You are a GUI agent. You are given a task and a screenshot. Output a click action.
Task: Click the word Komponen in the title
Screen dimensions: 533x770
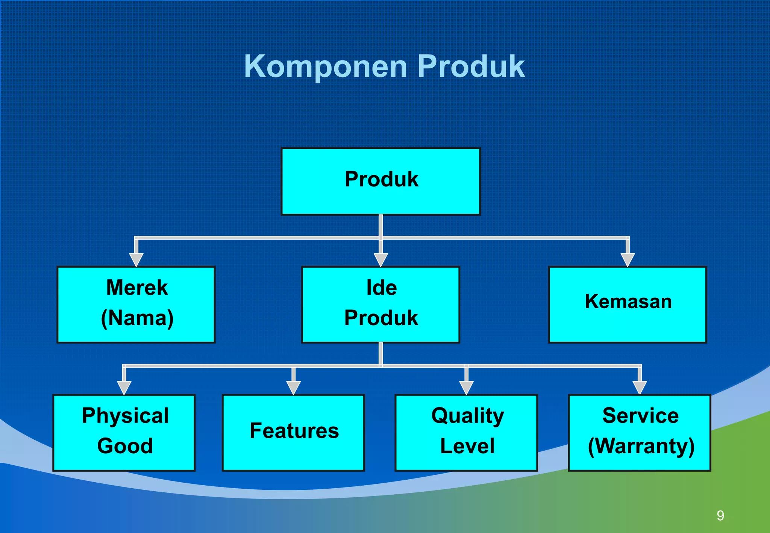326,67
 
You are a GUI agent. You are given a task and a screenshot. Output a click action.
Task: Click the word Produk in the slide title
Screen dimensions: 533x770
471,67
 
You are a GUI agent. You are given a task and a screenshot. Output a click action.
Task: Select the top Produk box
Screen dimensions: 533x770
380,181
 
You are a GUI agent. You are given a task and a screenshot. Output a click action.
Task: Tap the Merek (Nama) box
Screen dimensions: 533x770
136,304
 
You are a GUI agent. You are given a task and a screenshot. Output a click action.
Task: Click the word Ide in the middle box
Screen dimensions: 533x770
381,288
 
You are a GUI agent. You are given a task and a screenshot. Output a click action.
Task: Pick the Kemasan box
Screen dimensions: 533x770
627,304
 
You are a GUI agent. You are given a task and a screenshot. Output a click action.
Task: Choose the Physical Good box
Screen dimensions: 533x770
124,432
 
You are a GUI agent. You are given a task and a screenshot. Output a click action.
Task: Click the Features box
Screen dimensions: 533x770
293,432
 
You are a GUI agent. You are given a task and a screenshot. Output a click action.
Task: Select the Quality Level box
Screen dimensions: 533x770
466,432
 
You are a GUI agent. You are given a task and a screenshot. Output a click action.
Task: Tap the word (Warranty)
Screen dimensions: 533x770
641,446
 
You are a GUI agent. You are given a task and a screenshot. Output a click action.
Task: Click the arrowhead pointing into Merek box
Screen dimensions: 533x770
136,259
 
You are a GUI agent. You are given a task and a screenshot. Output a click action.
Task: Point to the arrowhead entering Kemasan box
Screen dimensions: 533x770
628,259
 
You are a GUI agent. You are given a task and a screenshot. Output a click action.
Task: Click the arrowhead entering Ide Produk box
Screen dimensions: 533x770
381,259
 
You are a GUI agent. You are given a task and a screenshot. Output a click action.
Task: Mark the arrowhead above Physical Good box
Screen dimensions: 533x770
124,387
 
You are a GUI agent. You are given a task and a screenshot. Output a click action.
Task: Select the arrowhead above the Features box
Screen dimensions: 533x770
293,387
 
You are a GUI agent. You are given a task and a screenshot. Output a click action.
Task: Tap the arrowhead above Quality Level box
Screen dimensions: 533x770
466,387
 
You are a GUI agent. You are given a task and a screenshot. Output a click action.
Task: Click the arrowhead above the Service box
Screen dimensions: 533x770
640,387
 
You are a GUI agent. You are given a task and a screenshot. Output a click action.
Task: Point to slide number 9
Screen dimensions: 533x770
720,515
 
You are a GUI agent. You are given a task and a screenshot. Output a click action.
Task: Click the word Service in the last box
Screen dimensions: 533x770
640,416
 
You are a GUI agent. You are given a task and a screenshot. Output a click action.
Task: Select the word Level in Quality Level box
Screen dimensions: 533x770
467,446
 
